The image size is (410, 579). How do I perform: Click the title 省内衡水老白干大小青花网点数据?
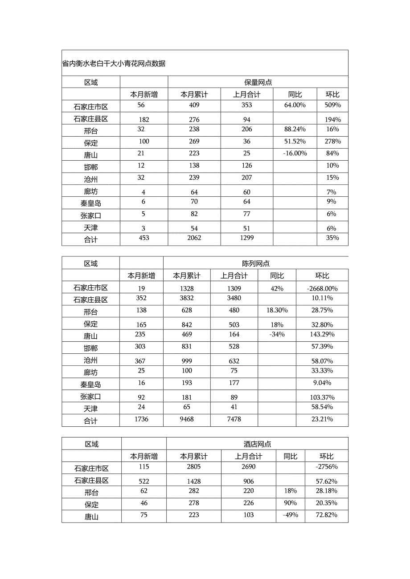pyautogui.click(x=114, y=64)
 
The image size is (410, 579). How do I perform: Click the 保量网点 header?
pyautogui.click(x=258, y=82)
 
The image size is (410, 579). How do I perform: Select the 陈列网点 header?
pyautogui.click(x=256, y=263)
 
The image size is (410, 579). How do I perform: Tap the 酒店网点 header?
pyautogui.click(x=257, y=444)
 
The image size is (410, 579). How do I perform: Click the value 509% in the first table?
pyautogui.click(x=332, y=105)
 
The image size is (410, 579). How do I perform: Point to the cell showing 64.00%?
pyautogui.click(x=295, y=105)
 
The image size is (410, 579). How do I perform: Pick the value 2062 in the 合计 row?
pyautogui.click(x=194, y=238)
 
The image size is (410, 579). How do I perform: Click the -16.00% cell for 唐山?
pyautogui.click(x=295, y=154)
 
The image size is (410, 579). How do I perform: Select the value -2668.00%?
pyautogui.click(x=322, y=288)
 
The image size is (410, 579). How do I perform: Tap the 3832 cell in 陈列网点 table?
pyautogui.click(x=187, y=298)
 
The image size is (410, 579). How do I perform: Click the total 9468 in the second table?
pyautogui.click(x=187, y=419)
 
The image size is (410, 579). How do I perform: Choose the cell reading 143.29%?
pyautogui.click(x=322, y=335)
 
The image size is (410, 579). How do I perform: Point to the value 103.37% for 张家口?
pyautogui.click(x=322, y=397)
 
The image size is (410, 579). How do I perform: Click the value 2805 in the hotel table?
pyautogui.click(x=194, y=467)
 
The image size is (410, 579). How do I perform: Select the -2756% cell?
pyautogui.click(x=326, y=467)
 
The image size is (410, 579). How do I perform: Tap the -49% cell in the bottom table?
pyautogui.click(x=290, y=515)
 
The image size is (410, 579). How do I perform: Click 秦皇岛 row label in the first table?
pyautogui.click(x=90, y=204)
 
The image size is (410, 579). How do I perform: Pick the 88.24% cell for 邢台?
pyautogui.click(x=295, y=130)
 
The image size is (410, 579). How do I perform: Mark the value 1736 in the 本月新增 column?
pyautogui.click(x=141, y=419)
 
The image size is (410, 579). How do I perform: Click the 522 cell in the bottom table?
pyautogui.click(x=143, y=482)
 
